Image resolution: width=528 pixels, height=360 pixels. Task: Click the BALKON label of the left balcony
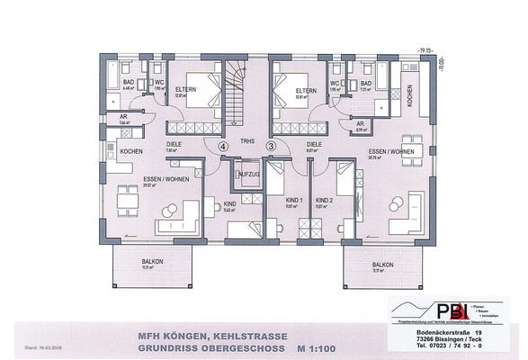(x=153, y=262)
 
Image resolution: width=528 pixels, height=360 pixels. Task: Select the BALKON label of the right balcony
(x=383, y=265)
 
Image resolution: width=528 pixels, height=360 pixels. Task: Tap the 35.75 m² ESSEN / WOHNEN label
(x=389, y=152)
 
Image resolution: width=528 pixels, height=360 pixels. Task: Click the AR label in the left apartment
(x=123, y=115)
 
